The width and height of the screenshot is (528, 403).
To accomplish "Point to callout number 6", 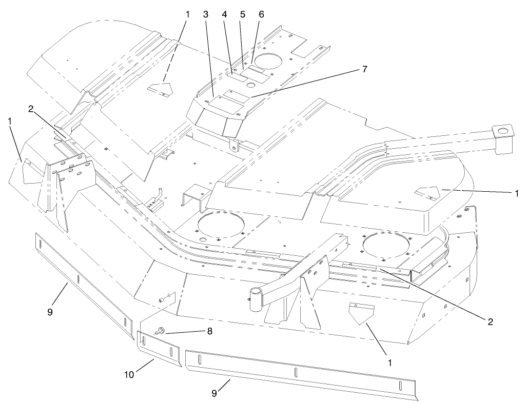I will click(261, 15).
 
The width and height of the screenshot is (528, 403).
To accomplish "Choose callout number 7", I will click(365, 70).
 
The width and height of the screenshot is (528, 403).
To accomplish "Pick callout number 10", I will click(129, 375).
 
